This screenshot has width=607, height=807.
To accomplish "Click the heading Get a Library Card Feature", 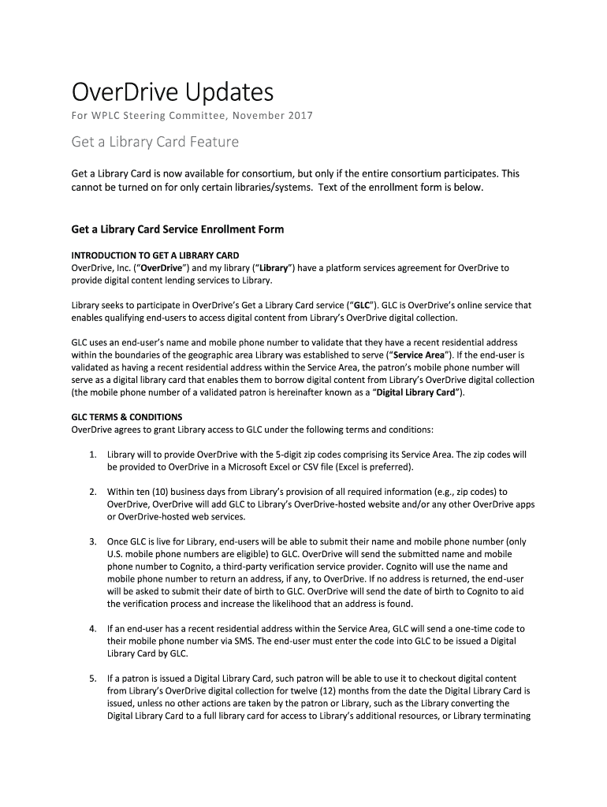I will coord(155,143).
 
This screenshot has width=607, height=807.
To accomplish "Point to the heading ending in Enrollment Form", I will coord(177,229).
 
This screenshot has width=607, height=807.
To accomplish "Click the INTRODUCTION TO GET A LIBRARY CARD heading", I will coord(155,256).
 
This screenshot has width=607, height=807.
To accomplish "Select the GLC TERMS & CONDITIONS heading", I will coord(127,417).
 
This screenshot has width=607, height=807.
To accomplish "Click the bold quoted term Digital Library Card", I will coord(417,392).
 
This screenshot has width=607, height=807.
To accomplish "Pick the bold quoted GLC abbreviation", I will coord(361,304).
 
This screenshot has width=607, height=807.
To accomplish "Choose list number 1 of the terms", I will coord(92,455).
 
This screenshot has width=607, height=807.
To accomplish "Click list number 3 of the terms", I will coord(92,541).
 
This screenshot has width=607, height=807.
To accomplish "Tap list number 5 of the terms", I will coord(92,679).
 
